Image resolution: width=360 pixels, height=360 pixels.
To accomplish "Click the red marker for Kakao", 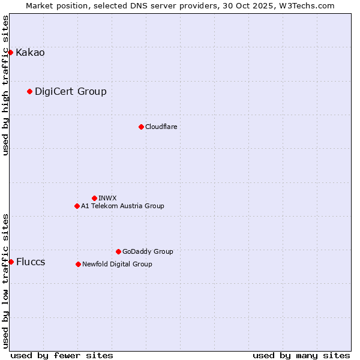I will pos(10,53).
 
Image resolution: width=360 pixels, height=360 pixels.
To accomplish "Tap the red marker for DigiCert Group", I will pos(29,91).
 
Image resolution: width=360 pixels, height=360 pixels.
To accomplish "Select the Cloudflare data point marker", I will pos(141,127).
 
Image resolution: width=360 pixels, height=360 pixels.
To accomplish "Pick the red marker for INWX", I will pos(94,198).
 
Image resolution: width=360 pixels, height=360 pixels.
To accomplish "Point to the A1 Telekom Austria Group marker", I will pos(77,206).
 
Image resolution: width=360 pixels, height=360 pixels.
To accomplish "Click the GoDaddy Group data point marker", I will pos(118,251).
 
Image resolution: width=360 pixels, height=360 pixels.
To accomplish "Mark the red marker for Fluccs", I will pos(11,262).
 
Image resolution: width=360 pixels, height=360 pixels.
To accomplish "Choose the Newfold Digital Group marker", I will pos(78,264).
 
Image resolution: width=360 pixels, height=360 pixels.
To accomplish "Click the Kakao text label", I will pos(30,53).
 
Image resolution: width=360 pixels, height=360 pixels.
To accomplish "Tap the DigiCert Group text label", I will pos(71,91).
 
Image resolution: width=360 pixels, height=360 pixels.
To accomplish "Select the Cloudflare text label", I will pos(161,127).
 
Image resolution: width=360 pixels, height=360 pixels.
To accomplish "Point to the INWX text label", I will pos(107,198).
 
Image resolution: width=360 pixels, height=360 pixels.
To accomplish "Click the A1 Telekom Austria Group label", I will pos(122,206).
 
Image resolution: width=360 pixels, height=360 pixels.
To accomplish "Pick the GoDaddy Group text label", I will pos(148,251).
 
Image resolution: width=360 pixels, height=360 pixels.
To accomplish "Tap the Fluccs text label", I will pos(31,262).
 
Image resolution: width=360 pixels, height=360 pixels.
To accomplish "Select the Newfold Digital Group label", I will pos(117,264).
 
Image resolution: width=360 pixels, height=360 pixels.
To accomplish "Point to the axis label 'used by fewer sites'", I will pos(62,355).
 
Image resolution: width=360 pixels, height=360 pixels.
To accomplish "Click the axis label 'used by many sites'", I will pos(301,355).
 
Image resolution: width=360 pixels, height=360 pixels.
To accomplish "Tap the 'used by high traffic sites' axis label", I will pos(5,85).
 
